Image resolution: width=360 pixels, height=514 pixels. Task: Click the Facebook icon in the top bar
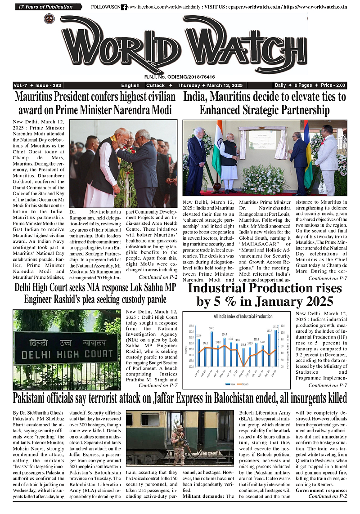124,7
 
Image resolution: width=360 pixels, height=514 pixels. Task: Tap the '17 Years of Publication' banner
47,7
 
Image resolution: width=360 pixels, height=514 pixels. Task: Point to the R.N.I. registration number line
180,77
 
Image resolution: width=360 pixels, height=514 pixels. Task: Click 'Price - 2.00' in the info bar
333,85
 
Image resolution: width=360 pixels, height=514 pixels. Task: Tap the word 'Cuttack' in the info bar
156,85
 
